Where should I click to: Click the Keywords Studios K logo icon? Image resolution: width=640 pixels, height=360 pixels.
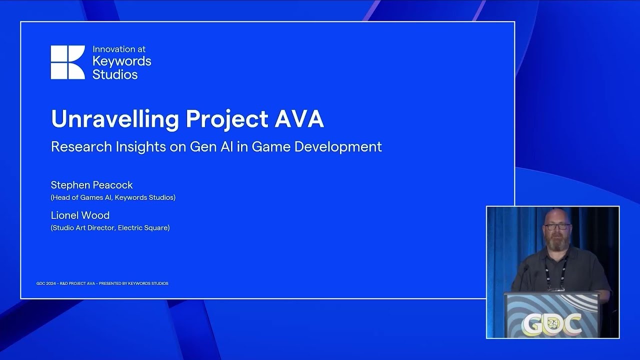click(67, 62)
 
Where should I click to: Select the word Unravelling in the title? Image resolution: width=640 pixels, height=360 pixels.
click(114, 119)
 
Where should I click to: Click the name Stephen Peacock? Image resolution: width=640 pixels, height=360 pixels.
click(91, 185)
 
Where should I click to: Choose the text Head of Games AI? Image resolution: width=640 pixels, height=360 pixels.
click(81, 197)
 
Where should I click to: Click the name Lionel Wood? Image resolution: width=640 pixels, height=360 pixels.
click(80, 215)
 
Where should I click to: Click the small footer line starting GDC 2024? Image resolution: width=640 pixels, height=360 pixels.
click(102, 283)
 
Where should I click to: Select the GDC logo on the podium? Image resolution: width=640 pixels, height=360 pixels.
click(551, 323)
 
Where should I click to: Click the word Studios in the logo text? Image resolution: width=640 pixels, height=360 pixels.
click(115, 75)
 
